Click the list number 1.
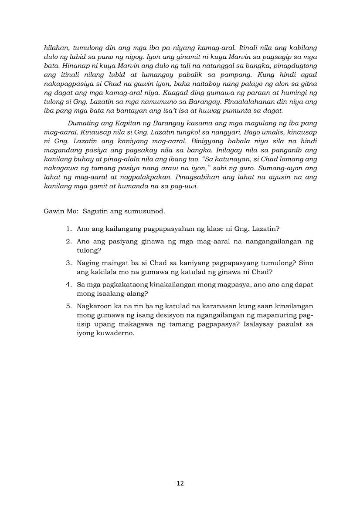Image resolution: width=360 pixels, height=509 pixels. pyautogui.click(x=69, y=229)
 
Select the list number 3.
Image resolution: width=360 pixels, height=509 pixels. pyautogui.click(x=69, y=263)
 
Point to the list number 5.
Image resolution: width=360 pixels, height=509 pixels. pyautogui.click(x=69, y=306)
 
